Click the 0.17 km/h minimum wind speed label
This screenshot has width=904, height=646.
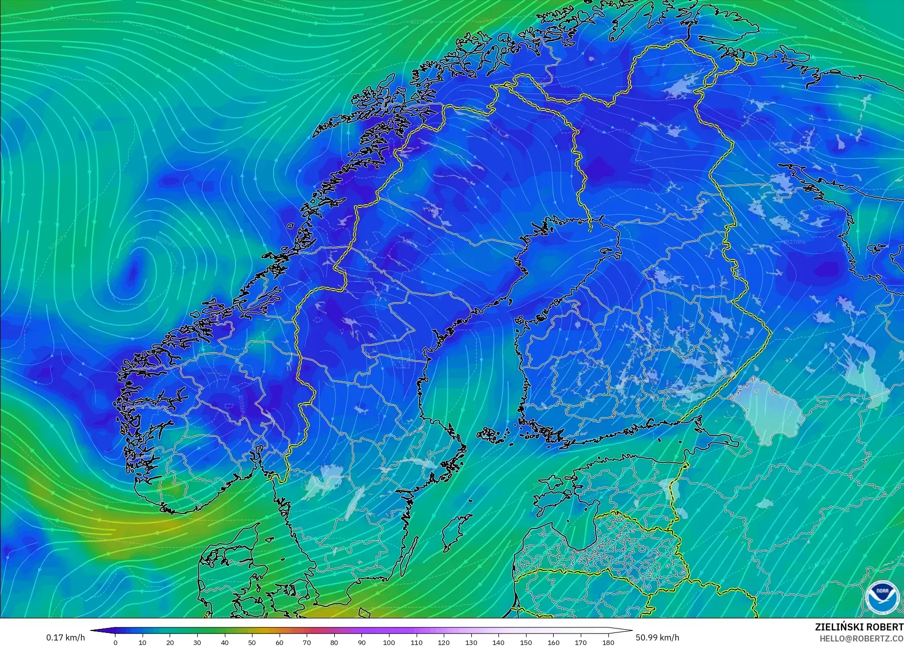65,637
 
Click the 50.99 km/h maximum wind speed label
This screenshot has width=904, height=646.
657,637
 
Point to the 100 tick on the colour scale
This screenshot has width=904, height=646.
389,642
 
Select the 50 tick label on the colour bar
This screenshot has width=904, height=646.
252,642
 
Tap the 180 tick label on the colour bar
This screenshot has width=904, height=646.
608,642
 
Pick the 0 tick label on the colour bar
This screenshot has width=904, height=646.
115,642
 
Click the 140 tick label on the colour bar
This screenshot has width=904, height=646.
498,642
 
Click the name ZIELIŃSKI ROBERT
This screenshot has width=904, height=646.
859,627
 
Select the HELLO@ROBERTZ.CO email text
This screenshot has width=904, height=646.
861,638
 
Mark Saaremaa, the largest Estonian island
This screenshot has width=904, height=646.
552,495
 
